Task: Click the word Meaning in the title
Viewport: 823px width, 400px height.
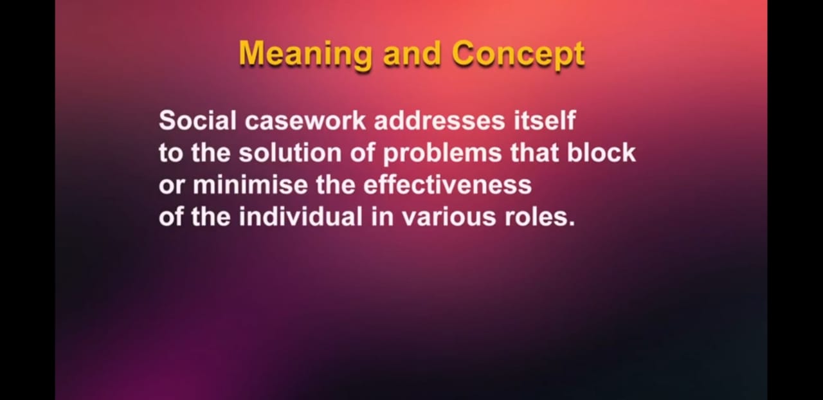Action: pyautogui.click(x=305, y=55)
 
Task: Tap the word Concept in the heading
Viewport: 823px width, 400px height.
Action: pyautogui.click(x=518, y=55)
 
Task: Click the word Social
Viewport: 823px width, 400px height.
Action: pyautogui.click(x=197, y=120)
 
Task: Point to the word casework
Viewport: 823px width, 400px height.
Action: pyautogui.click(x=305, y=120)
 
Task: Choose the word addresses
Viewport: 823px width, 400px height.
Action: pyautogui.click(x=439, y=120)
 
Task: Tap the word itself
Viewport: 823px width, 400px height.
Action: pyautogui.click(x=545, y=120)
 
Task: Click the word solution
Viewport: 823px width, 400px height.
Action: pyautogui.click(x=290, y=152)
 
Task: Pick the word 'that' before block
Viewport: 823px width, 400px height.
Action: pyautogui.click(x=534, y=152)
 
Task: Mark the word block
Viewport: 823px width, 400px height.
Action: pyautogui.click(x=601, y=152)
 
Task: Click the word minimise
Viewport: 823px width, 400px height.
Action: pyautogui.click(x=250, y=185)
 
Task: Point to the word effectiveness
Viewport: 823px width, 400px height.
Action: pyautogui.click(x=448, y=185)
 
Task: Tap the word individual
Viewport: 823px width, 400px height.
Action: pyautogui.click(x=300, y=217)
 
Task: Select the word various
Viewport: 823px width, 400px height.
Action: pyautogui.click(x=449, y=217)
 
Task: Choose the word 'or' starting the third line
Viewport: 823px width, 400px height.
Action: pyautogui.click(x=171, y=186)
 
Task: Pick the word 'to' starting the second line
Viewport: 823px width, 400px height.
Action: pyautogui.click(x=170, y=154)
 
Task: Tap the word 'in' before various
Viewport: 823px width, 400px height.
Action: pyautogui.click(x=382, y=217)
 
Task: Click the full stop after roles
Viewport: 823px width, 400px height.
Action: pyautogui.click(x=571, y=224)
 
